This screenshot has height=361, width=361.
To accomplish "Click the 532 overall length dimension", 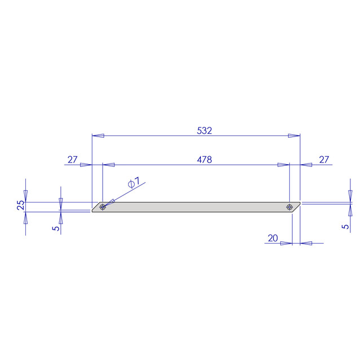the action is click(x=204, y=130).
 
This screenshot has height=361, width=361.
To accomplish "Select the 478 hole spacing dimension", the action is click(x=204, y=160).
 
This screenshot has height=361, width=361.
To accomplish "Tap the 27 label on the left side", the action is click(x=73, y=160).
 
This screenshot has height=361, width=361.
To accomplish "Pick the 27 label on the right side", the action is click(x=324, y=160).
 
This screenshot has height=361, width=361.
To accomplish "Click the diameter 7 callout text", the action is click(x=134, y=182).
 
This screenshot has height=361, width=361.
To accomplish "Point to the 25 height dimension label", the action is click(x=20, y=205).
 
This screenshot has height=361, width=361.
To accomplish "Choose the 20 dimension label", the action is click(x=273, y=238).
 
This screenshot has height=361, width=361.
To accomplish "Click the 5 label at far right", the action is click(x=345, y=227).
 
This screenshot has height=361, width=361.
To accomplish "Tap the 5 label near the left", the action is click(x=56, y=228).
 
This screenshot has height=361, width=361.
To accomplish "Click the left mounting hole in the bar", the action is click(x=103, y=207).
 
